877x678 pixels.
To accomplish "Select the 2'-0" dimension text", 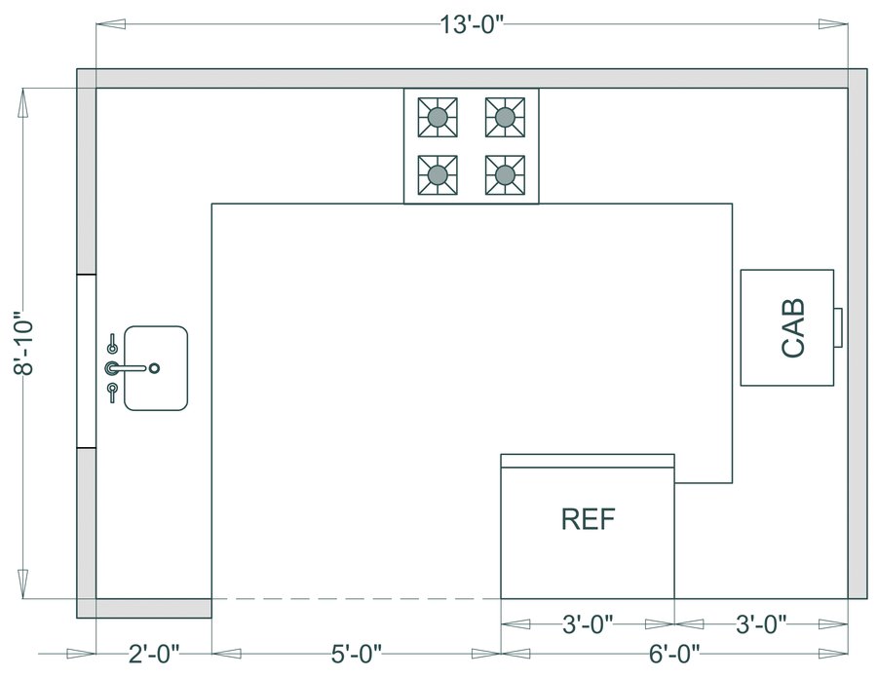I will pyautogui.click(x=154, y=652).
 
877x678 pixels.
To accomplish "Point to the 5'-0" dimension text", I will pyautogui.click(x=355, y=652).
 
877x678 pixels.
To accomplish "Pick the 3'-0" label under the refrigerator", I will pyautogui.click(x=588, y=623).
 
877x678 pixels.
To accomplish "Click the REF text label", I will pyautogui.click(x=589, y=519).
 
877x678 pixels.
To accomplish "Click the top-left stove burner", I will pyautogui.click(x=438, y=118).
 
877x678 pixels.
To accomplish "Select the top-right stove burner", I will pyautogui.click(x=505, y=118).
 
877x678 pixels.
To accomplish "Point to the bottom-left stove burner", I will pyautogui.click(x=438, y=174).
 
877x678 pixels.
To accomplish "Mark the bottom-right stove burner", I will pyautogui.click(x=505, y=174).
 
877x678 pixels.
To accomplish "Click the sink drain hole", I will pyautogui.click(x=154, y=368).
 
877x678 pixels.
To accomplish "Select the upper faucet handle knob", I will pyautogui.click(x=112, y=344).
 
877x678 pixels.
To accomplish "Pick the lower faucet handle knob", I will pyautogui.click(x=112, y=392).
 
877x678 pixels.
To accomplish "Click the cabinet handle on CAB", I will pyautogui.click(x=837, y=325).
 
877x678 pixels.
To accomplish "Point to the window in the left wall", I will pyautogui.click(x=87, y=361).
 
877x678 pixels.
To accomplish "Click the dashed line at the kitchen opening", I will pyautogui.click(x=356, y=598).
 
